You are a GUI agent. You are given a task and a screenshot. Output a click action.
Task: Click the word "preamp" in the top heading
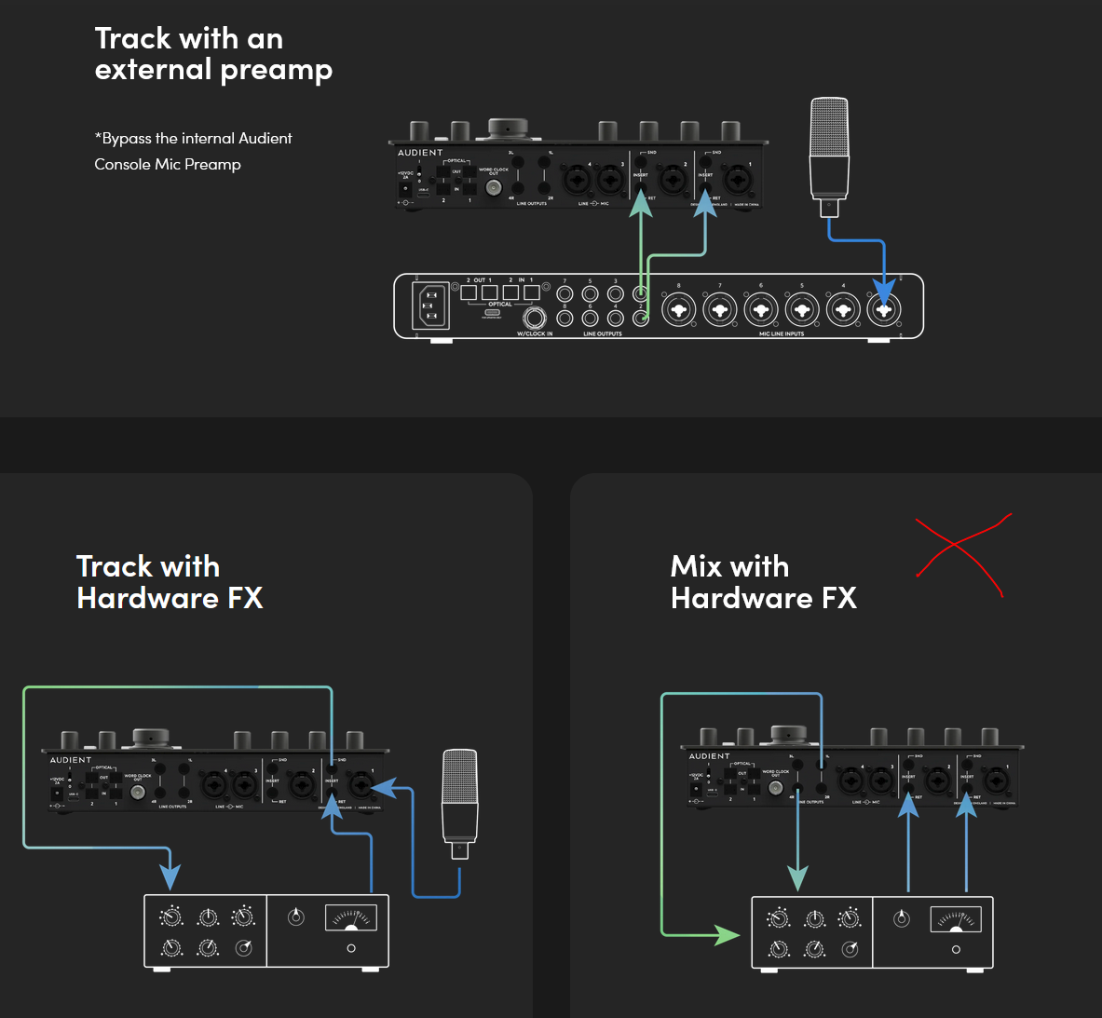[276, 71]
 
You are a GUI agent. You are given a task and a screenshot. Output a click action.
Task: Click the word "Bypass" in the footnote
[126, 139]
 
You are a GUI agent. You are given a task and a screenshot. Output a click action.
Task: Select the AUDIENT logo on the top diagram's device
[420, 153]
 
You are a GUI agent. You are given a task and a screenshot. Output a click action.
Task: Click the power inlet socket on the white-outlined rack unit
[430, 305]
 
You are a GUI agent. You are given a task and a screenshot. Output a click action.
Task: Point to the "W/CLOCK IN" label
[535, 333]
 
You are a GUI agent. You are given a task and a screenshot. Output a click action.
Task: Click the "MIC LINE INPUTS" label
[781, 333]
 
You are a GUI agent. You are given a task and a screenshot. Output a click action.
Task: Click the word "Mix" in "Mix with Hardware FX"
[698, 566]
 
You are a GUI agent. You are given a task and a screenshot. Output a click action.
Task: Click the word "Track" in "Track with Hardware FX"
[115, 566]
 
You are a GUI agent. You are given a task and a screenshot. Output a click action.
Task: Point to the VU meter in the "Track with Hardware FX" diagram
[350, 918]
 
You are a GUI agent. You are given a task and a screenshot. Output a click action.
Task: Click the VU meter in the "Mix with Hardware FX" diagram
[956, 920]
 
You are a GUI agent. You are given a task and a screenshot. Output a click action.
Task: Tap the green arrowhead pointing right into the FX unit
[728, 933]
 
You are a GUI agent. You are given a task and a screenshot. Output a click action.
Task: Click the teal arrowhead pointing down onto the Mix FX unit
[797, 877]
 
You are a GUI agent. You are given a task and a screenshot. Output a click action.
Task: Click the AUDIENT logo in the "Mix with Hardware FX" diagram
[710, 756]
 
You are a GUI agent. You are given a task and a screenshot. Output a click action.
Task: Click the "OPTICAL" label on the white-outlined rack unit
[500, 305]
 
